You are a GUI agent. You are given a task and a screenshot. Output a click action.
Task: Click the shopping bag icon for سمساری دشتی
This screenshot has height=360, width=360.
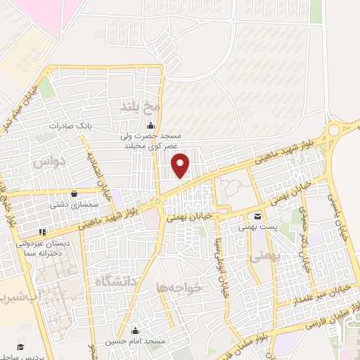coord(75,194)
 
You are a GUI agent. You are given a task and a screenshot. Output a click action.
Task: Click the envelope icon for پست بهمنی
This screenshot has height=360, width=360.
coord(258,217)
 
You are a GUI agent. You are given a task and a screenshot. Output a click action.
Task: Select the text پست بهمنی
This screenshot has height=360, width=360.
coord(258,227)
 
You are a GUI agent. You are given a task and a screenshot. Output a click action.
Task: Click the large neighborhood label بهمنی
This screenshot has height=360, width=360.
coord(266,258)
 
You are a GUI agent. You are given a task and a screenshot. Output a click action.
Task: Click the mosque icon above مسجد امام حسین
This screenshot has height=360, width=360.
coord(135,330)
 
